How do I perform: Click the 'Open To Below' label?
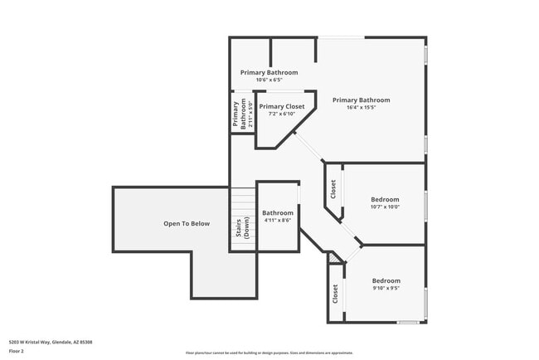click(187, 223)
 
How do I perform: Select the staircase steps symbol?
click(243, 202)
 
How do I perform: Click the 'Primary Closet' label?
click(281, 107)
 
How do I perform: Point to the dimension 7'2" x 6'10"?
click(281, 114)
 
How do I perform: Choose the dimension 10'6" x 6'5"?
click(269, 80)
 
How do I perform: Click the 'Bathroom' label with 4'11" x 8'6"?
click(278, 213)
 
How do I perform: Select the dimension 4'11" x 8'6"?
click(278, 221)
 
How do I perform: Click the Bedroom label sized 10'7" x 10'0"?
click(385, 199)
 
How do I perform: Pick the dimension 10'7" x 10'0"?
click(385, 207)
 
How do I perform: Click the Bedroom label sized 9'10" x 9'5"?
click(386, 280)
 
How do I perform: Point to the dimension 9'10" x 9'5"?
click(386, 289)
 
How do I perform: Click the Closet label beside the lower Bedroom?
click(335, 293)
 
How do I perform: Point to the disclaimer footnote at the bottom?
click(269, 352)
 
